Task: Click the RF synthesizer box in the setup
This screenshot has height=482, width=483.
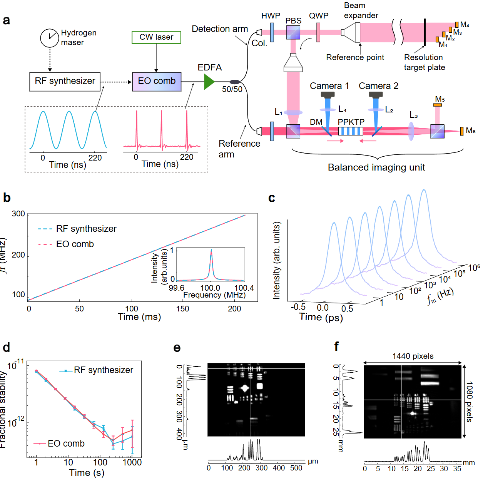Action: [x=65, y=82]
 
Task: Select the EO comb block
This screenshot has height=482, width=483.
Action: [x=157, y=82]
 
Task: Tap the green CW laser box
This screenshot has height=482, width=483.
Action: [x=156, y=37]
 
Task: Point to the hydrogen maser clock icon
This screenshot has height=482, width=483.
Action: [x=49, y=38]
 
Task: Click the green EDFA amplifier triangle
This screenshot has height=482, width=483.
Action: [x=209, y=82]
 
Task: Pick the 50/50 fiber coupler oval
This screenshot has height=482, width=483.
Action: [x=235, y=82]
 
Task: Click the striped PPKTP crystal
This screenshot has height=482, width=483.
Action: [x=351, y=131]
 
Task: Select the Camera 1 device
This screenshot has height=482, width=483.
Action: [x=328, y=95]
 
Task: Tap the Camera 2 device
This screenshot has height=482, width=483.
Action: [x=376, y=95]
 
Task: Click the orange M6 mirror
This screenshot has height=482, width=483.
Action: [x=462, y=131]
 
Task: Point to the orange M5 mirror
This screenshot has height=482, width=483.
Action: [x=437, y=105]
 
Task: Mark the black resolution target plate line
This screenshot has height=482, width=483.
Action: [x=425, y=32]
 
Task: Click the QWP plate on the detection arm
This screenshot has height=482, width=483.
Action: [x=318, y=32]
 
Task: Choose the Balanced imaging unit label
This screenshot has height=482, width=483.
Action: [x=376, y=167]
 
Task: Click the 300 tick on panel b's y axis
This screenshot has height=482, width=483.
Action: [x=18, y=214]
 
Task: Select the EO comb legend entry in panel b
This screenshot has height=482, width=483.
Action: [x=66, y=244]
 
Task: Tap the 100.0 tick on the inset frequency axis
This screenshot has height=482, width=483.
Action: [x=210, y=288]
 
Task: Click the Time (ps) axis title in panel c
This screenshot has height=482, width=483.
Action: [x=321, y=317]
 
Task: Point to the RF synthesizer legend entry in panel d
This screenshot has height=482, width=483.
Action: [x=96, y=370]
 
